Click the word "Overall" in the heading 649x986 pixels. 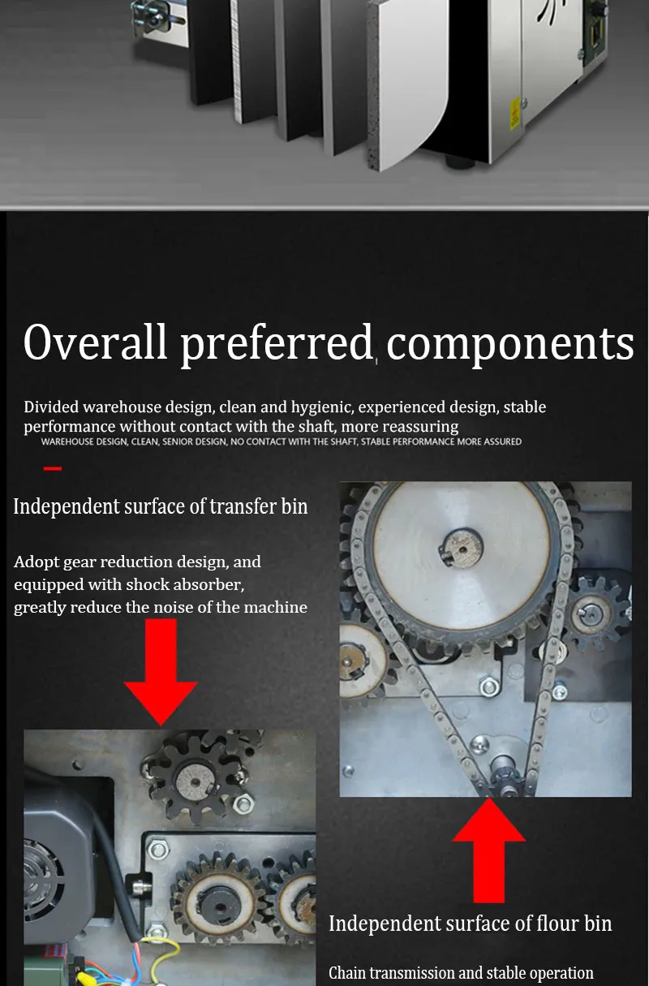[95, 342]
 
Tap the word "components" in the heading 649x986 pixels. [510, 345]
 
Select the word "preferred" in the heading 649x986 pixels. [277, 345]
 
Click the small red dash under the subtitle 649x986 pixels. [53, 468]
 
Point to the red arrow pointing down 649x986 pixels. [161, 671]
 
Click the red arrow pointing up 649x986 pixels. [489, 850]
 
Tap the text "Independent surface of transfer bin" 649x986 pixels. [160, 506]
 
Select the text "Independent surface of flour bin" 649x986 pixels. [471, 924]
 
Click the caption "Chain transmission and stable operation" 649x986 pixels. [461, 972]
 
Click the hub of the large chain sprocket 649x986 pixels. [462, 548]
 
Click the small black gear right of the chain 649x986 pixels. [598, 614]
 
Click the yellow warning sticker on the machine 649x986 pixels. [514, 114]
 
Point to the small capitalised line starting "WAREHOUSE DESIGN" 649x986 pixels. [282, 441]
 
